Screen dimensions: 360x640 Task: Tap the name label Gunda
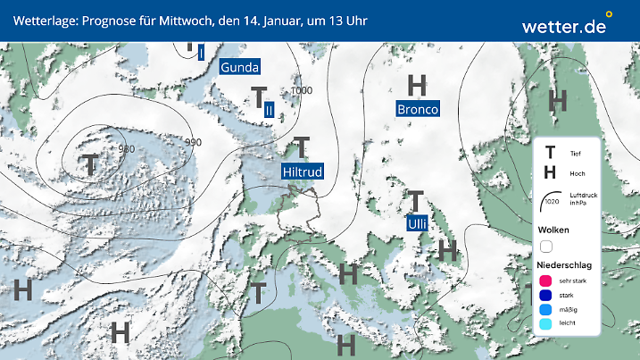pyautogui.click(x=239, y=67)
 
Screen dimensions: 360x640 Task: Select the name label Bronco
pyautogui.click(x=418, y=109)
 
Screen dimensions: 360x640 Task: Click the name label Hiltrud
pyautogui.click(x=301, y=172)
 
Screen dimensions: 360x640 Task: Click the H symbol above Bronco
pyautogui.click(x=417, y=86)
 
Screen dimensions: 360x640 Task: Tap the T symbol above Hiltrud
pyautogui.click(x=302, y=147)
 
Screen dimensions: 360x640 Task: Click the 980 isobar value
pyautogui.click(x=127, y=149)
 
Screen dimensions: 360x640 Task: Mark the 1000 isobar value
pyautogui.click(x=302, y=91)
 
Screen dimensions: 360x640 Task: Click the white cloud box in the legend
pyautogui.click(x=546, y=246)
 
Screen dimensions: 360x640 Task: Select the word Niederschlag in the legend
pyautogui.click(x=567, y=265)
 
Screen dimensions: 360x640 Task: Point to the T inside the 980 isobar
pyautogui.click(x=90, y=163)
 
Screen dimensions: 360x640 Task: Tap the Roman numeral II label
pyautogui.click(x=268, y=109)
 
